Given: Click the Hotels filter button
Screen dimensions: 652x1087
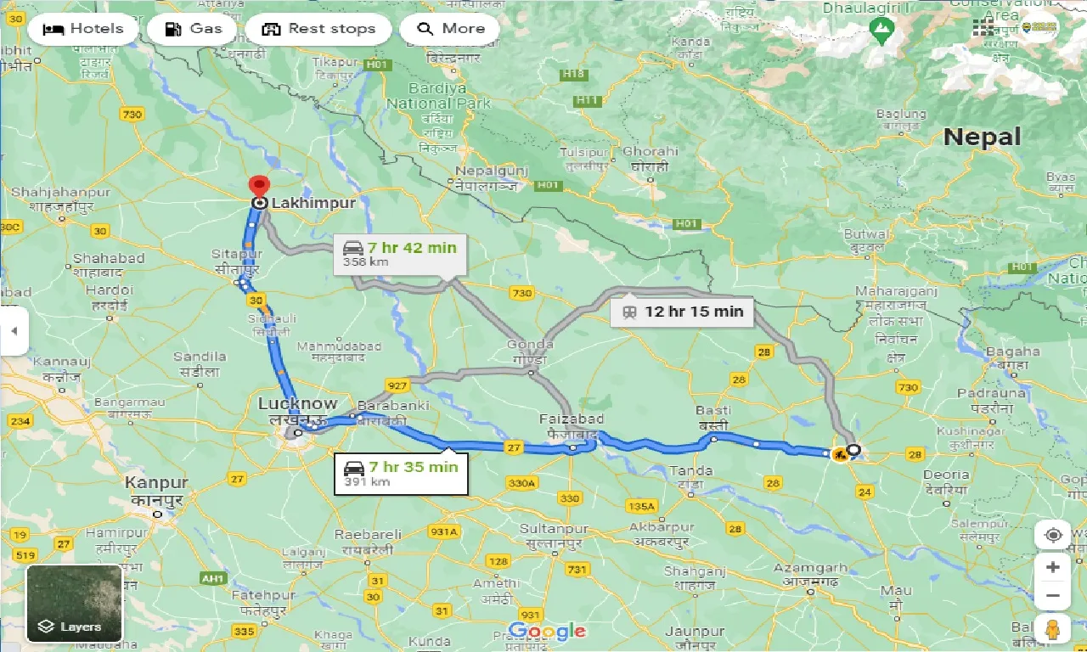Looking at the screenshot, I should (x=82, y=29).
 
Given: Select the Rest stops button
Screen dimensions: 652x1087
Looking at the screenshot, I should (x=318, y=29).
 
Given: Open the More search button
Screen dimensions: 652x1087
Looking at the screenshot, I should (x=450, y=29).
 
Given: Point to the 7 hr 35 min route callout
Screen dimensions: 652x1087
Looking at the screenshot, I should (x=401, y=474).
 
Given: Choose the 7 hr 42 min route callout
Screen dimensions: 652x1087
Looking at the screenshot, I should (x=399, y=254).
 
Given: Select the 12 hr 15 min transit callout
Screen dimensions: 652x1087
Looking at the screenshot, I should (x=682, y=312).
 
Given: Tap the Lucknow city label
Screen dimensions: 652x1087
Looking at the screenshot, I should (x=297, y=404).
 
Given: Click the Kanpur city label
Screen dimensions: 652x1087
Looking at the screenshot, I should (x=156, y=483).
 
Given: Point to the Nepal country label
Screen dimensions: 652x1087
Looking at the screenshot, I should (x=982, y=137).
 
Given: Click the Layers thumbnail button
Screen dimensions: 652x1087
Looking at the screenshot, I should (x=75, y=604).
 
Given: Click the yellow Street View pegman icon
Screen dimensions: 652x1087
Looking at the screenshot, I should (x=1052, y=630).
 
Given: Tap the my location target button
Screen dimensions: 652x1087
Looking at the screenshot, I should (x=1053, y=535).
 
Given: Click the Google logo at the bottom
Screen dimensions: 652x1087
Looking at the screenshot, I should (x=546, y=631).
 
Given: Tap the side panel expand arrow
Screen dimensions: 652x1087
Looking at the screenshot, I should (x=14, y=331).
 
